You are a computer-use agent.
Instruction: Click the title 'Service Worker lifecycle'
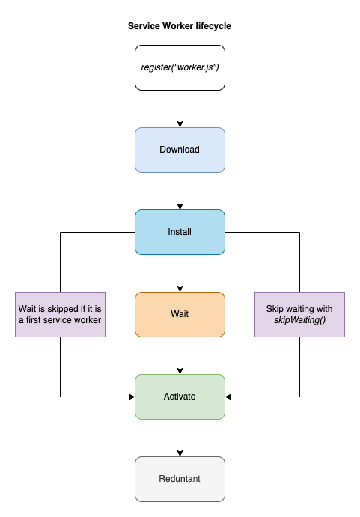pyautogui.click(x=180, y=26)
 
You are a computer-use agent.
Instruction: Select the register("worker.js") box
pyautogui.click(x=180, y=67)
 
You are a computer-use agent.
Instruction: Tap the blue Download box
pyautogui.click(x=180, y=150)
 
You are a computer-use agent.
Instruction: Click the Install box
pyautogui.click(x=180, y=232)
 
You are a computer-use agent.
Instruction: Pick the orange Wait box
pyautogui.click(x=180, y=314)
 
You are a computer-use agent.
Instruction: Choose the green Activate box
pyautogui.click(x=180, y=397)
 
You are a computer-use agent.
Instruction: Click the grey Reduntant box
pyautogui.click(x=180, y=479)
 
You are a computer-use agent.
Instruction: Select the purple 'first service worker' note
pyautogui.click(x=60, y=314)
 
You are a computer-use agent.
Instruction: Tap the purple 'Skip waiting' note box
pyautogui.click(x=299, y=314)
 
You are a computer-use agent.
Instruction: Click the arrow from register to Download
pyautogui.click(x=180, y=108)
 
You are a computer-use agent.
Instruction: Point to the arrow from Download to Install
pyautogui.click(x=180, y=191)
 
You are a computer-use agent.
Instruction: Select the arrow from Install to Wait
pyautogui.click(x=180, y=273)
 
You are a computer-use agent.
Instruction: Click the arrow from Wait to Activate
pyautogui.click(x=180, y=355)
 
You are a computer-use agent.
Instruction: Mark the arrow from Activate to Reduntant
pyautogui.click(x=180, y=438)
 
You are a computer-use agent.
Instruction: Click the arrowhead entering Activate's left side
pyautogui.click(x=130, y=397)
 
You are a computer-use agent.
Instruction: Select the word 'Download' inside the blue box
pyautogui.click(x=180, y=150)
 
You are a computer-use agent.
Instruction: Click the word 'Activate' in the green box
pyautogui.click(x=180, y=397)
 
